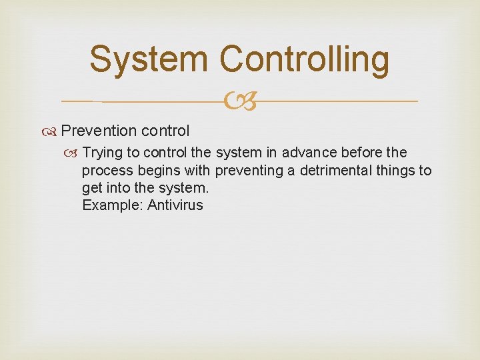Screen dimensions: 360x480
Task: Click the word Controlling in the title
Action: pos(305,59)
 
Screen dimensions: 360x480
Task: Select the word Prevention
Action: pos(98,130)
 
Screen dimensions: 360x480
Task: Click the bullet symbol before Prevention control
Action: pos(52,131)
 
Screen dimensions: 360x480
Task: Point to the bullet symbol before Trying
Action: pos(74,153)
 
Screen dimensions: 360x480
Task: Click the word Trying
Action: pos(104,153)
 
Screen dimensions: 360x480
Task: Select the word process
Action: pos(107,171)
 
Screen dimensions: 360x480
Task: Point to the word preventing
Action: pos(249,171)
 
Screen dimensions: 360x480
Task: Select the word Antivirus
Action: pos(175,205)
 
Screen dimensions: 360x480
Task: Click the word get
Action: pos(91,188)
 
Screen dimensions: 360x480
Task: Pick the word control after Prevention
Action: pos(165,130)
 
